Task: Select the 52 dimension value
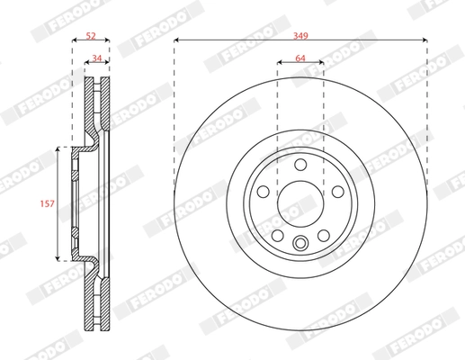pyautogui.click(x=90, y=33)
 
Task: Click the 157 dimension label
pyautogui.click(x=48, y=204)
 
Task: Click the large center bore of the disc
pyautogui.click(x=300, y=202)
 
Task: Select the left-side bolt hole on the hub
pyautogui.click(x=263, y=191)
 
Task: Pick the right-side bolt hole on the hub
pyautogui.click(x=336, y=191)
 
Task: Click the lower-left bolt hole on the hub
pyautogui.click(x=277, y=235)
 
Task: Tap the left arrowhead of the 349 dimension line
pyautogui.click(x=176, y=40)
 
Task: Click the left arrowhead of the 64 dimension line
pyautogui.click(x=279, y=61)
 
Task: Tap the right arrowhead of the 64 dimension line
pyautogui.click(x=321, y=61)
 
